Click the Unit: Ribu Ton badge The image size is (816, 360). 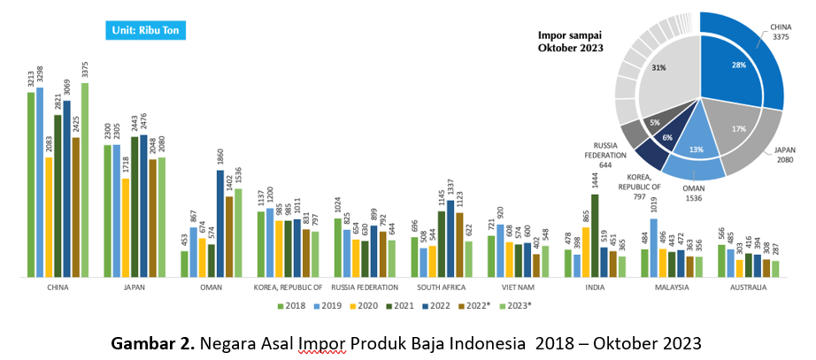pos(146,30)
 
